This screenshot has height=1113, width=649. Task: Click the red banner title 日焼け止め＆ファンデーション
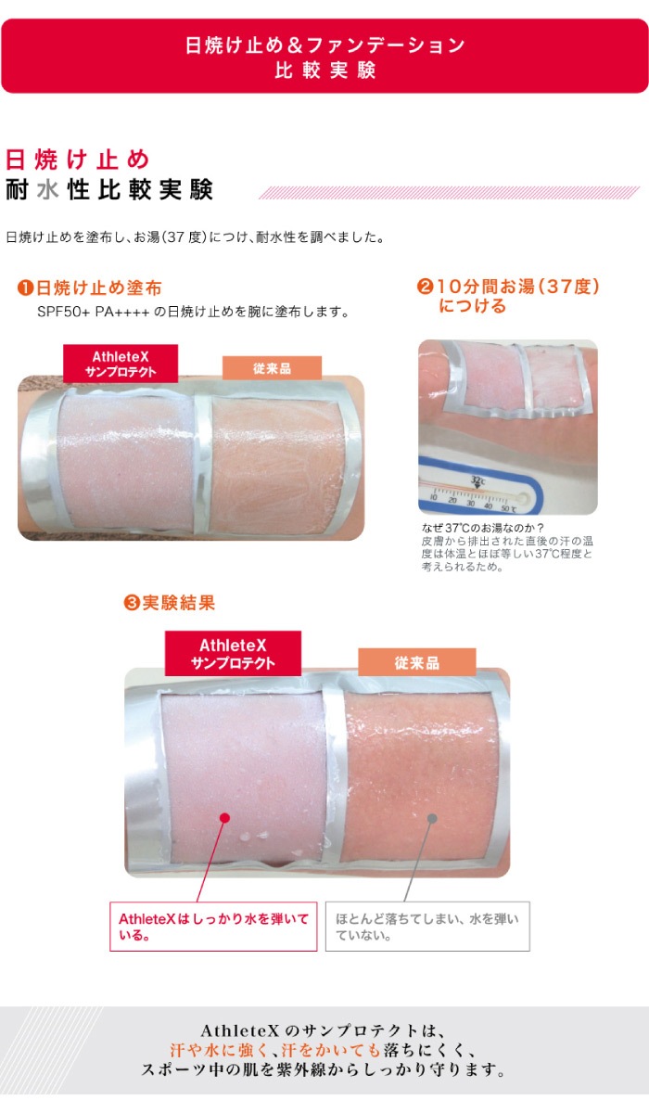coord(324,45)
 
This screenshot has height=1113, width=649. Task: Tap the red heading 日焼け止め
coord(77,158)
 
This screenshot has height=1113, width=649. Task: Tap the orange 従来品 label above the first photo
coord(272,367)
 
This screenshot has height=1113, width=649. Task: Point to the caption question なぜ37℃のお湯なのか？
coord(482,530)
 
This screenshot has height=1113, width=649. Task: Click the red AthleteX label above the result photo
coord(233,653)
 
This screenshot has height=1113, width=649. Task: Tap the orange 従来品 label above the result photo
coord(416,662)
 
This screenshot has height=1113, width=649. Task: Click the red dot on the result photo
coord(224,817)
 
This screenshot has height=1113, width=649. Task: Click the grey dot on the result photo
coord(431,817)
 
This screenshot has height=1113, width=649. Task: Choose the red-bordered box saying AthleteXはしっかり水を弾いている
coord(213,926)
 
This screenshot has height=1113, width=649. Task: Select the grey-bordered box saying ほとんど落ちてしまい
coord(427,926)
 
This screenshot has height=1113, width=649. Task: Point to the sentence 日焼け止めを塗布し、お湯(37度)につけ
coord(195,237)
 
